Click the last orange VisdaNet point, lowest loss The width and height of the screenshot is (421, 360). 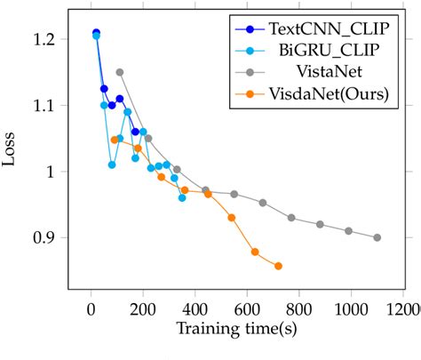[x=278, y=266]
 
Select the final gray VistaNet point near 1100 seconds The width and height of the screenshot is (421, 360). [x=377, y=237]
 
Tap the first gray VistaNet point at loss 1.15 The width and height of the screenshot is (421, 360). [x=120, y=72]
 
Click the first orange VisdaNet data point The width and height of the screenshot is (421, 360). [x=115, y=140]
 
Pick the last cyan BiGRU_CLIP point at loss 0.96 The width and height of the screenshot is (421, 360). [x=182, y=197]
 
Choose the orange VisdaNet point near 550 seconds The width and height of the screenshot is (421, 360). [x=232, y=218]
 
